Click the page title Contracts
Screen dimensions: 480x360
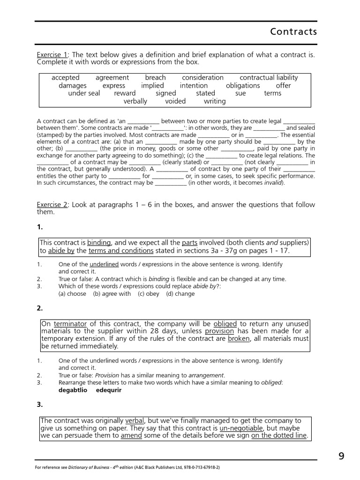[293, 32]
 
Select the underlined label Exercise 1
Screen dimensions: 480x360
[52, 55]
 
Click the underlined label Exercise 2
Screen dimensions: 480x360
[52, 205]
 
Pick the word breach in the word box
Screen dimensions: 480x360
[155, 78]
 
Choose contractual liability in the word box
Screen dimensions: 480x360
[269, 78]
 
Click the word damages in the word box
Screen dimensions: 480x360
[73, 86]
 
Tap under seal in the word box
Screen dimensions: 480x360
[84, 93]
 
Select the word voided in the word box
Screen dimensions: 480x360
[175, 101]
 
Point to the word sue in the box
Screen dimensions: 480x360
[240, 93]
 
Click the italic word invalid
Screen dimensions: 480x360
[273, 183]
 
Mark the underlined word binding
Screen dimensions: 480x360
[99, 243]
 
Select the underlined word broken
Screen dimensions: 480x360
[239, 338]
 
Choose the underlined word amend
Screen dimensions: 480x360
[131, 436]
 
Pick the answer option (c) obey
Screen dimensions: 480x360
[148, 294]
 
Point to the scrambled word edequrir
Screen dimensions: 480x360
[109, 390]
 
